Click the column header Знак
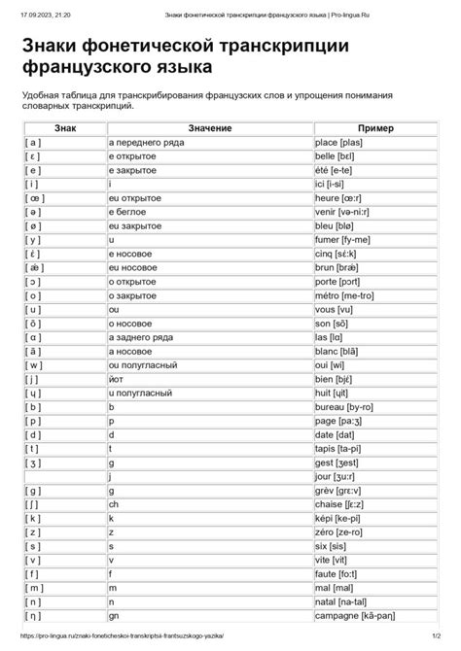[64, 127]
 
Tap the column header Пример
[374, 127]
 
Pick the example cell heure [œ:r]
[340, 196]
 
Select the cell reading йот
[117, 379]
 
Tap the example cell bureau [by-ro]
[347, 407]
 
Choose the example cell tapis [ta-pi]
[340, 449]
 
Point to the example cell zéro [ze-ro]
[341, 532]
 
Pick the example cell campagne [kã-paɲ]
[357, 616]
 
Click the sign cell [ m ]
[35, 588]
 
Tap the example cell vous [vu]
[337, 308]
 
